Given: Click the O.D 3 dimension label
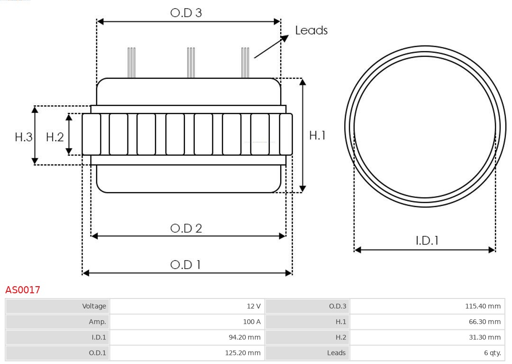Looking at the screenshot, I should pos(186,13).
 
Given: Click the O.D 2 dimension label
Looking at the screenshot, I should pos(186,228).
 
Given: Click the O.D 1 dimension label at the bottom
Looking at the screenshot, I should pos(185,264).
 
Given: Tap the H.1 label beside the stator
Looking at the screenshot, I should pos(317,135).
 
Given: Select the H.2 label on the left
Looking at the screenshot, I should pos(55,137).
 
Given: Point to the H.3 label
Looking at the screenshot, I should pos(23,137).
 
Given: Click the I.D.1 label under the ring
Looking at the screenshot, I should pos(427,241).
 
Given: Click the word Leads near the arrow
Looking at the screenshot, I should pos(311,30).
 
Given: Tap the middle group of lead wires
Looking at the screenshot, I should pos(191,62).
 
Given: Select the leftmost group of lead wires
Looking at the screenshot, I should pos(131,62).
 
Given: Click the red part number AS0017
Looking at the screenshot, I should pos(23,289).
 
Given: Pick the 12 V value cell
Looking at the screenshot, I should pos(254,306).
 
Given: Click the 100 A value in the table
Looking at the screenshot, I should pos(252,322).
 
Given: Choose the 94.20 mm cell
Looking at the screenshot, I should pos(244,337).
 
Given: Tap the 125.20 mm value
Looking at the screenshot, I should pos(242,353).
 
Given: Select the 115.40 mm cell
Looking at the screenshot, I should pos(483,306).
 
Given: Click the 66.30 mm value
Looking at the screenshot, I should pos(485,322).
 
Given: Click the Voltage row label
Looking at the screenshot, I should pos(94,306).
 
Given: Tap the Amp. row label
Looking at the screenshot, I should pos(97,322).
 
